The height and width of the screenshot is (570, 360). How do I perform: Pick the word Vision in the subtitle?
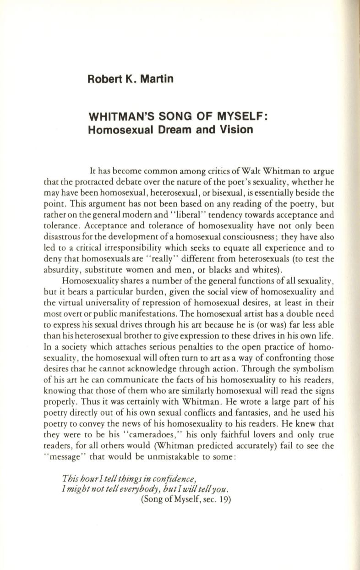pos(237,130)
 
